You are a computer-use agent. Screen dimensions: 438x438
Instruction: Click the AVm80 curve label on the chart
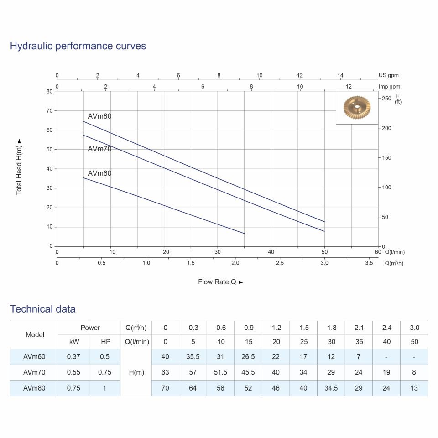coord(99,116)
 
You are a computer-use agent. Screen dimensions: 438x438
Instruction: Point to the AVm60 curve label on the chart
coord(99,173)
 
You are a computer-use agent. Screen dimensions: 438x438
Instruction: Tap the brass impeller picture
coord(357,108)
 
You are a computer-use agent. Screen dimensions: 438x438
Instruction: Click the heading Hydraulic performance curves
coord(78,46)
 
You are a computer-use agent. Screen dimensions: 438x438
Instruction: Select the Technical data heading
coord(43,309)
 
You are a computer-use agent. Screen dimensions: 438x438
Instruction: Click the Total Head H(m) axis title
coord(19,167)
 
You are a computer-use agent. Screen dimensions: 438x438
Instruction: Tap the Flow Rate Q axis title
coord(220,282)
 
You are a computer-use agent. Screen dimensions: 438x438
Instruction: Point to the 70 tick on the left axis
coord(49,110)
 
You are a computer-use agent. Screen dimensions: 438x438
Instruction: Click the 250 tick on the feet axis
coord(386,99)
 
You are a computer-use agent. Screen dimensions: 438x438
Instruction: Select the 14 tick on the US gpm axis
coord(340,75)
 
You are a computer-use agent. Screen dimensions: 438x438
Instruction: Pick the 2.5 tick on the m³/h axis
coord(280,263)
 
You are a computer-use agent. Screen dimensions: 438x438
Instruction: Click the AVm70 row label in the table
coord(35,372)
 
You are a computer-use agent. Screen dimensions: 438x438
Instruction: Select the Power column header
coord(90,328)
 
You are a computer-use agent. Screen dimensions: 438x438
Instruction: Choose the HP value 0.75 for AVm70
coord(104,372)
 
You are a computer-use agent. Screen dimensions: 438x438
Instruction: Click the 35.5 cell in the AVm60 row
coord(193,357)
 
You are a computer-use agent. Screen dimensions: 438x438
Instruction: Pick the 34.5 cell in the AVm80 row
coord(331,388)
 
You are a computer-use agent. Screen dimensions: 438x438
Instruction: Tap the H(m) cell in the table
coord(136,372)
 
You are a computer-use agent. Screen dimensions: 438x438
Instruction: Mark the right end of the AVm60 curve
coord(245,234)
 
